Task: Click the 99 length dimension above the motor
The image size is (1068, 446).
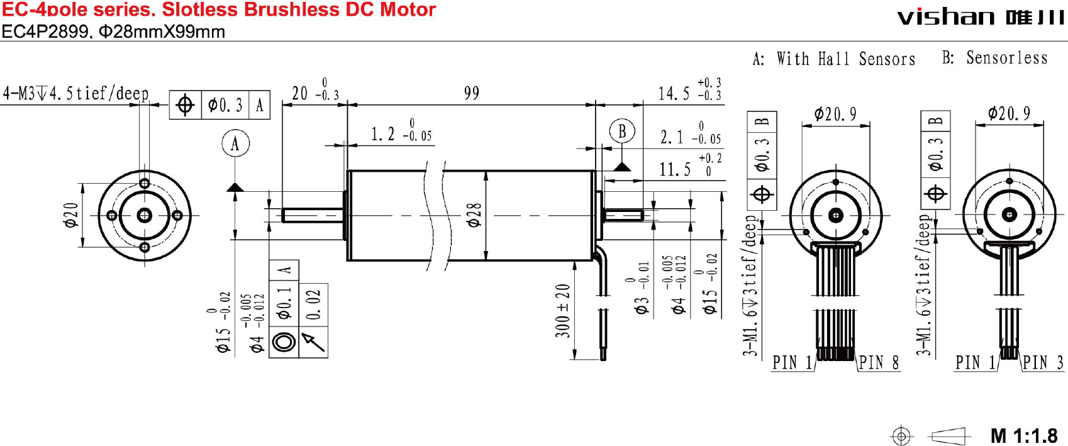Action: point(472,93)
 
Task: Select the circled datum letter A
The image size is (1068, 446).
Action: point(235,143)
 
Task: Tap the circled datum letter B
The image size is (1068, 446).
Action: point(622,131)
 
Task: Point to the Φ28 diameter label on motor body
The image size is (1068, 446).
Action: point(474,216)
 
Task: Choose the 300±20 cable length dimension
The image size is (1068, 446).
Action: point(562,311)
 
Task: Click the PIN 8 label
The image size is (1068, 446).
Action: point(878,363)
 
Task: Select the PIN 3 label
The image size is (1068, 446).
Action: point(1043,363)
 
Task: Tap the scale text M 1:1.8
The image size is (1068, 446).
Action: point(1024,435)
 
